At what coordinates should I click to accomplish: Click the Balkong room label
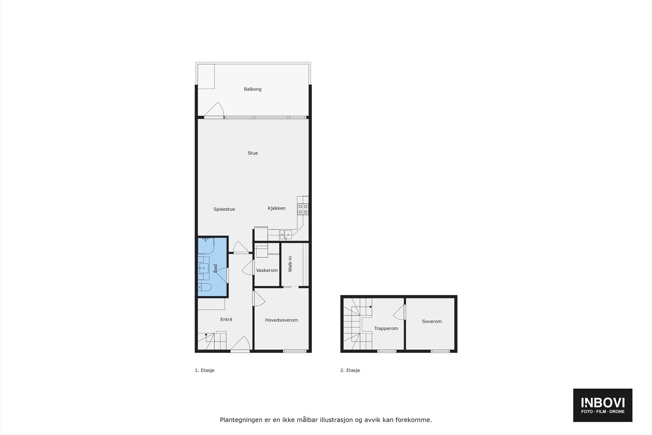pyautogui.click(x=253, y=89)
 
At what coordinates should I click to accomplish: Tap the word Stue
pyautogui.click(x=253, y=153)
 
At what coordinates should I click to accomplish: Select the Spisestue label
pyautogui.click(x=224, y=210)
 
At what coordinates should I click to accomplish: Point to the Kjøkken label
pyautogui.click(x=277, y=208)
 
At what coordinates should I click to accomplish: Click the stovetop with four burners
pyautogui.click(x=303, y=209)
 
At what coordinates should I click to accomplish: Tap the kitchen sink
pyautogui.click(x=285, y=234)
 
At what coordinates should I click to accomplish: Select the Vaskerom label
pyautogui.click(x=267, y=271)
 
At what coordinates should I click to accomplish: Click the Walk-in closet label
pyautogui.click(x=290, y=264)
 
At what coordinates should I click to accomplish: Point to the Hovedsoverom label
pyautogui.click(x=281, y=320)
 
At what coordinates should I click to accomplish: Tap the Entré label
pyautogui.click(x=226, y=320)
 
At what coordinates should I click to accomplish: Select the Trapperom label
pyautogui.click(x=386, y=329)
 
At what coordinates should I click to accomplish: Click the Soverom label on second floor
pyautogui.click(x=432, y=322)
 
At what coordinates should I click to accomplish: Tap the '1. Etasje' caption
pyautogui.click(x=205, y=371)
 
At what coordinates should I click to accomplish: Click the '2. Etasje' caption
pyautogui.click(x=350, y=371)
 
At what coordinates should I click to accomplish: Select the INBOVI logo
pyautogui.click(x=603, y=405)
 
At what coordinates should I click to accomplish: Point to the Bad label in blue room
pyautogui.click(x=216, y=268)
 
